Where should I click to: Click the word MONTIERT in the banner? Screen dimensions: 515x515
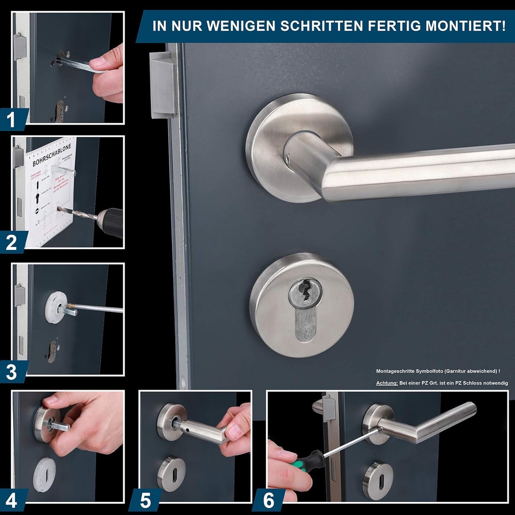coord(466,26)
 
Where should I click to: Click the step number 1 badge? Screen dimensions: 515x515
coord(11,120)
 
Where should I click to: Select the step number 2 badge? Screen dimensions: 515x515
coord(11,243)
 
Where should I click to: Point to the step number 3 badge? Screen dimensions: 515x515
coord(11,373)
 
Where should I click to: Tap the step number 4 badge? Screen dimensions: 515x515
coord(11,500)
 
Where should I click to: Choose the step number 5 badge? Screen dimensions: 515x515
coord(146,500)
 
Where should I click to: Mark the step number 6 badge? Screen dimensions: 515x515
coord(269,500)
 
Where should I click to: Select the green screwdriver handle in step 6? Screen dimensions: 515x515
coord(308,459)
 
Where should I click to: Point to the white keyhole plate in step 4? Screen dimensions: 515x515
coord(44,474)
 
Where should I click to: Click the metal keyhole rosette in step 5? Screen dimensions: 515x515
coord(171,473)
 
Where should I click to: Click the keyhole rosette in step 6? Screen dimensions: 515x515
coord(378,481)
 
